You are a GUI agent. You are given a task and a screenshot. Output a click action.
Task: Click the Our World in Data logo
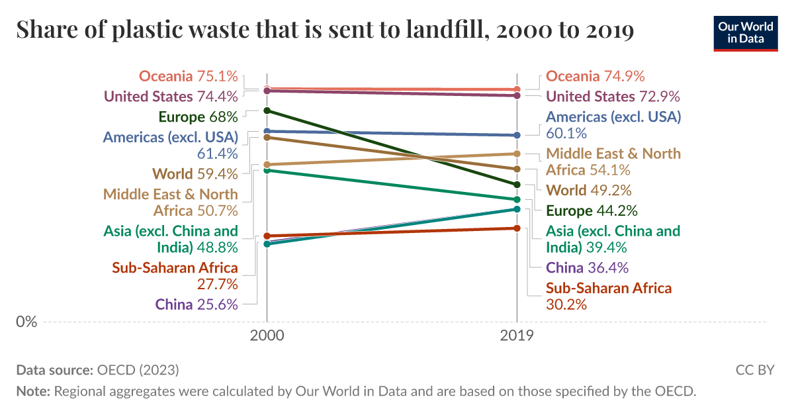point(745,32)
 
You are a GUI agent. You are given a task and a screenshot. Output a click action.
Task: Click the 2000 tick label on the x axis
point(267,336)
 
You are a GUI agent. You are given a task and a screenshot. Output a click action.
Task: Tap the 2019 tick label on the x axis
point(517,336)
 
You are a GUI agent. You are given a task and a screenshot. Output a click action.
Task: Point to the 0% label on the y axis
point(26,322)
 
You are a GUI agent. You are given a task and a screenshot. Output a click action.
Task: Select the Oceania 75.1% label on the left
point(188,76)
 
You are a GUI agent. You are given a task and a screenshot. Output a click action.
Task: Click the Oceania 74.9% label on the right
point(595,76)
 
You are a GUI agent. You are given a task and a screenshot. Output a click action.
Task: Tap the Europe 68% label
point(198,117)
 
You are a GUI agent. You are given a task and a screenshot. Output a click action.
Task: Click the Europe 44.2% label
point(592,211)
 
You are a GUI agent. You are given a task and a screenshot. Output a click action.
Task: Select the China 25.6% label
point(197,304)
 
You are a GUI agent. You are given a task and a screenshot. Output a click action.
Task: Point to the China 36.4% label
point(587,268)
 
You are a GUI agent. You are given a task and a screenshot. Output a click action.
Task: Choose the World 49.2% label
point(588,191)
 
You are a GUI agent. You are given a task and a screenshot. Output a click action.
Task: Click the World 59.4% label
point(195,174)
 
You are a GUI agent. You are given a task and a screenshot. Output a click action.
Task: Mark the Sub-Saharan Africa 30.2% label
point(608,297)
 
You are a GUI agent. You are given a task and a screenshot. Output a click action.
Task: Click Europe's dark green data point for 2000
point(267,111)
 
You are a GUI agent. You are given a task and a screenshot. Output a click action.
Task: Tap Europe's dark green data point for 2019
point(517,185)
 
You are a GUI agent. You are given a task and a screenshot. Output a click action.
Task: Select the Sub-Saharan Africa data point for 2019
point(517,228)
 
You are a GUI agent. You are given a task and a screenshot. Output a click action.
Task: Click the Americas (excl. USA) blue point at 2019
point(517,135)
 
